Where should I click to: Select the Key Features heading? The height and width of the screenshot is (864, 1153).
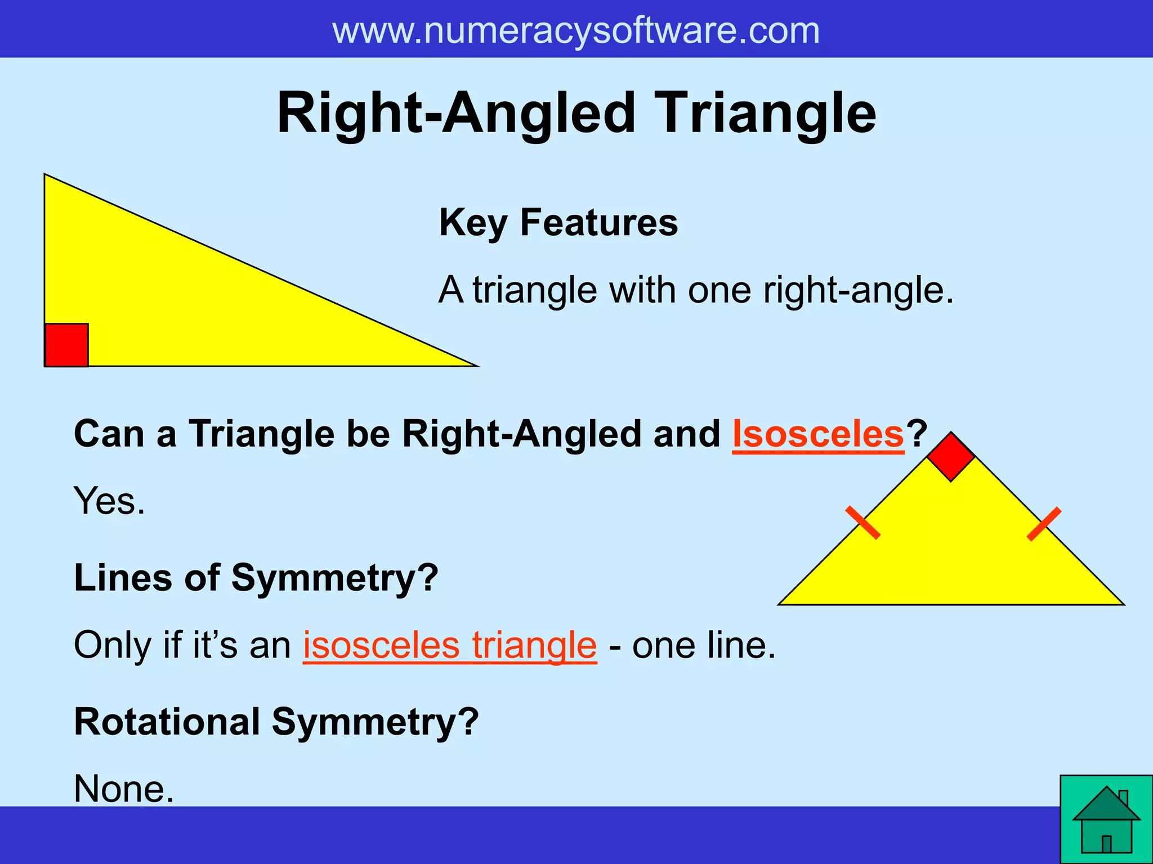[x=558, y=223]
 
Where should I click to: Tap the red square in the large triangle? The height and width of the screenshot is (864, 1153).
[x=66, y=345]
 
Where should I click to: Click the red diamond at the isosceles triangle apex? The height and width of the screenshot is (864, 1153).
[x=951, y=457]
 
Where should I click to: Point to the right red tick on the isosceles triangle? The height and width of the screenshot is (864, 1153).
[x=1044, y=524]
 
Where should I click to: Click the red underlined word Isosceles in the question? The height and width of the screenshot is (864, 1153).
[x=817, y=434]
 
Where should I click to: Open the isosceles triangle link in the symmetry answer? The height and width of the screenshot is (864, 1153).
[x=449, y=645]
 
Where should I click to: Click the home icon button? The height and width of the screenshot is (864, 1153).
[x=1106, y=820]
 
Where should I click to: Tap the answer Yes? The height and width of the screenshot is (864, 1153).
[x=109, y=501]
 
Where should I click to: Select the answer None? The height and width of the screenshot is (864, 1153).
[x=124, y=789]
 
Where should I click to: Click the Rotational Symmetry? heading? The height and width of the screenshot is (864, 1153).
[x=276, y=722]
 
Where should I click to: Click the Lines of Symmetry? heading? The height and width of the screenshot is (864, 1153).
[x=256, y=578]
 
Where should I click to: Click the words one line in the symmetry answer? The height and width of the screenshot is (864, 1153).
[x=704, y=645]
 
